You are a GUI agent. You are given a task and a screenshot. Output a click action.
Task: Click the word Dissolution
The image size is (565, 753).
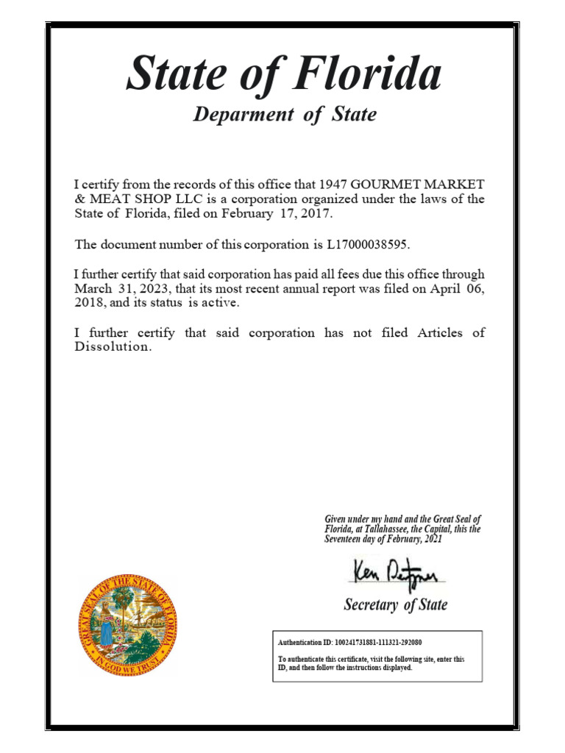click(113, 347)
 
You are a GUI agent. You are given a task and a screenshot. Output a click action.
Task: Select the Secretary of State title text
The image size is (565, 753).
click(395, 605)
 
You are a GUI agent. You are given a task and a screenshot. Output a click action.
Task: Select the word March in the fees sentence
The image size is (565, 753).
click(90, 288)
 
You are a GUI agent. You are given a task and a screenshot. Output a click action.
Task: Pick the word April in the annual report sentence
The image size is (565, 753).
click(438, 288)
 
